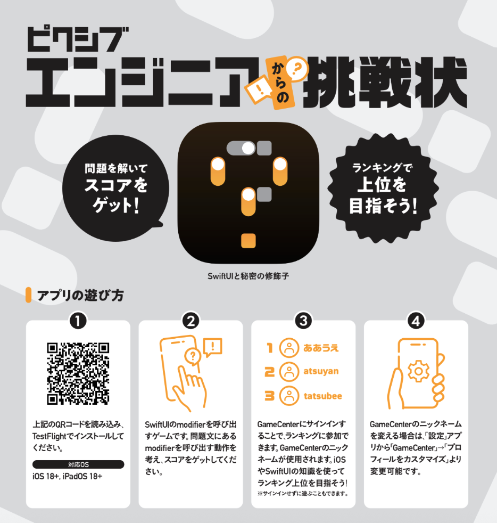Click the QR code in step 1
[78, 373]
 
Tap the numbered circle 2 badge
[190, 321]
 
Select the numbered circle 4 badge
[416, 321]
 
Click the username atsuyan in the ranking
[321, 371]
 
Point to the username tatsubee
[322, 396]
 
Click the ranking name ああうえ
[321, 348]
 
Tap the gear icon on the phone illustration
[419, 371]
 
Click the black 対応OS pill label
[78, 464]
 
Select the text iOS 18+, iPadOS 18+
[68, 476]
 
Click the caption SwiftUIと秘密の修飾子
[248, 276]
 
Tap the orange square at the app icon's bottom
[248, 241]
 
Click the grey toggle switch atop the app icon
[241, 149]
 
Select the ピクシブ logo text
[77, 39]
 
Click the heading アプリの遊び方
[81, 296]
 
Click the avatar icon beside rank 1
[289, 348]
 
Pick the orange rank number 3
[269, 396]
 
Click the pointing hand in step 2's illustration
[189, 389]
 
